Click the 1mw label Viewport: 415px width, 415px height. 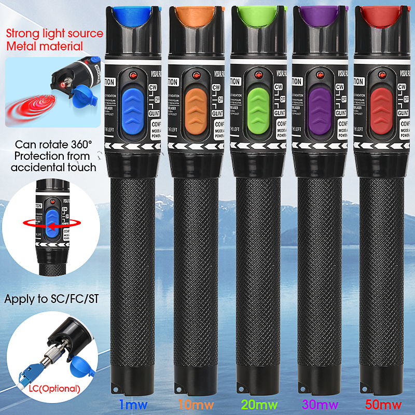pos(133,404)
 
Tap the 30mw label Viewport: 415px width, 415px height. pos(321,404)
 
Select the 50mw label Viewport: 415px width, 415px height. pos(384,404)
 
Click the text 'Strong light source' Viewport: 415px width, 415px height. pos(54,34)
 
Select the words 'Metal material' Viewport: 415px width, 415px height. pos(45,46)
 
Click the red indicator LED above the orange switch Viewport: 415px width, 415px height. pos(197,76)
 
